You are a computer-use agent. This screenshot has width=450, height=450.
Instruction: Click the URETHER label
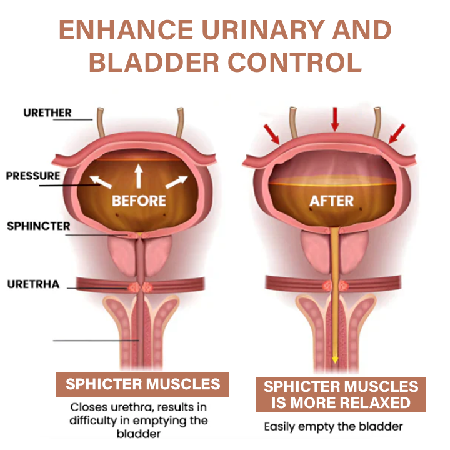(47, 113)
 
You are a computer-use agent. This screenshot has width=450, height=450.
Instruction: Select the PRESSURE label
(33, 176)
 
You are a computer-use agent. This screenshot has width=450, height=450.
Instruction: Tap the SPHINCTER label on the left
(39, 226)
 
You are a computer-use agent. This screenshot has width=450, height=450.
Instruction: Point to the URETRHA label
(34, 284)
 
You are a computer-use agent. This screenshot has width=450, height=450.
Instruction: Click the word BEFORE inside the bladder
(139, 201)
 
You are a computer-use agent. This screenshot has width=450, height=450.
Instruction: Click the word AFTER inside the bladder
(332, 201)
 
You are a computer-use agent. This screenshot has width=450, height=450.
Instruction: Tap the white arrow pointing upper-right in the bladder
(177, 181)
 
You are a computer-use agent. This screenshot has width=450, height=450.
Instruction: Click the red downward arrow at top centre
(335, 119)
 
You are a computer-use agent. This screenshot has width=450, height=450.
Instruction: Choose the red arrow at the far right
(396, 133)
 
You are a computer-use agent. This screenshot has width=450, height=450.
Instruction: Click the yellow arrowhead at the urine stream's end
(335, 359)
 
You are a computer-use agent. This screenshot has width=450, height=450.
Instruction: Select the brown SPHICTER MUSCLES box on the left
(142, 384)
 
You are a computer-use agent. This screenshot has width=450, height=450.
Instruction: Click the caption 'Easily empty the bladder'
(333, 427)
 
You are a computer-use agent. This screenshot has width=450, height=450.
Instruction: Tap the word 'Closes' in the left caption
(87, 408)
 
